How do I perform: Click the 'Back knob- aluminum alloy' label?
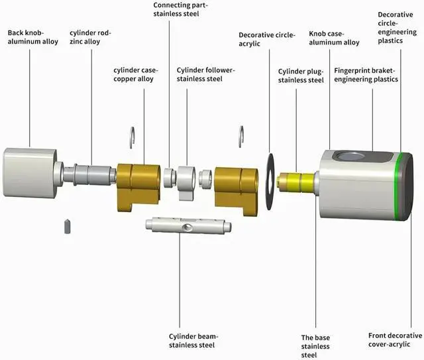click(x=33, y=37)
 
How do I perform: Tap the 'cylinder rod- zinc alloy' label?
click(x=90, y=37)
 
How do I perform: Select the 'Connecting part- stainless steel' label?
click(x=181, y=9)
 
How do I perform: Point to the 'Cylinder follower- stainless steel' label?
click(x=206, y=74)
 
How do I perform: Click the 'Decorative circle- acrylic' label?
click(x=267, y=39)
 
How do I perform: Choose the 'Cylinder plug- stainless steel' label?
click(x=301, y=76)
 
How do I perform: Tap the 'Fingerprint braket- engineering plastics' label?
click(x=366, y=75)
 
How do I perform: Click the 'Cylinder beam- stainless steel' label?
click(x=193, y=341)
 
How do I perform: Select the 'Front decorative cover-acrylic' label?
click(x=395, y=339)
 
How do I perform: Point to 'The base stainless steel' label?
click(x=315, y=346)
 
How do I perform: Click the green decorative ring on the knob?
click(x=397, y=187)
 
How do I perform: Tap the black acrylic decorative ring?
click(x=270, y=182)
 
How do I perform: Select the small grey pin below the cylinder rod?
click(x=68, y=226)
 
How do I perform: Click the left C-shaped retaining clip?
click(x=132, y=137)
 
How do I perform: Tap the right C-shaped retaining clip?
click(x=241, y=137)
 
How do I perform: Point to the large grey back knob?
click(x=30, y=172)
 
